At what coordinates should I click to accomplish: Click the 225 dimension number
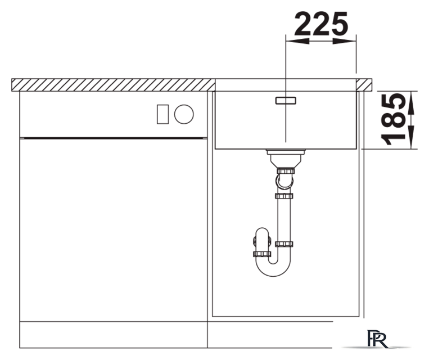click(x=321, y=24)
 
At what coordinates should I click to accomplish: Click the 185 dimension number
click(x=393, y=119)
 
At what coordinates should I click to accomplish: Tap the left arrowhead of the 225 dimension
click(x=297, y=41)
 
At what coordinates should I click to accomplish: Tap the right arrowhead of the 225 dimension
click(x=345, y=41)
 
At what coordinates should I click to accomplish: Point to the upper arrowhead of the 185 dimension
click(x=411, y=103)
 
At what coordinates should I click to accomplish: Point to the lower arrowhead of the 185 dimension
click(x=411, y=137)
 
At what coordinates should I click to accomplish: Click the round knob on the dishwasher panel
click(x=184, y=114)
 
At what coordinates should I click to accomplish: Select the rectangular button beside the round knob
click(x=162, y=114)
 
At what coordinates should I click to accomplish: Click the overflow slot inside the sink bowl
click(x=286, y=100)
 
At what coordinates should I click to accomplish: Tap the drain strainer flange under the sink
click(x=286, y=152)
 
